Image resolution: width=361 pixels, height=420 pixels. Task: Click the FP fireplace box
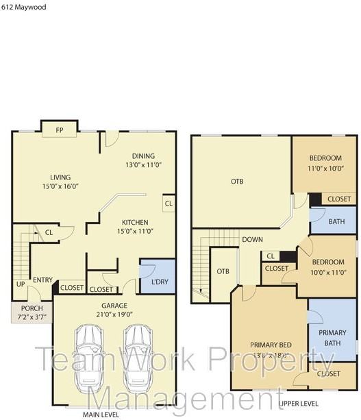pyautogui.click(x=59, y=129)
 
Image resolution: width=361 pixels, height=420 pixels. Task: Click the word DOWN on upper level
pyautogui.click(x=252, y=240)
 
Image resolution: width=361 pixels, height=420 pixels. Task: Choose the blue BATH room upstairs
pyautogui.click(x=336, y=222)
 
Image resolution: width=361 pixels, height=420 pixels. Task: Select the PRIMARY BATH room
pyautogui.click(x=332, y=338)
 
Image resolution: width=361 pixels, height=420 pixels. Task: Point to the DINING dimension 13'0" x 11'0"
pyautogui.click(x=143, y=165)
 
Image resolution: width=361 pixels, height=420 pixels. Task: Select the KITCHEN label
pyautogui.click(x=135, y=222)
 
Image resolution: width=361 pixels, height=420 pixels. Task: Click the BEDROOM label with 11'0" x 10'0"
pyautogui.click(x=324, y=158)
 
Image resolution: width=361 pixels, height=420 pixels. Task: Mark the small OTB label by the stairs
pyautogui.click(x=223, y=271)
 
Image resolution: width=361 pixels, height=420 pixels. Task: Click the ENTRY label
pyautogui.click(x=42, y=279)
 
